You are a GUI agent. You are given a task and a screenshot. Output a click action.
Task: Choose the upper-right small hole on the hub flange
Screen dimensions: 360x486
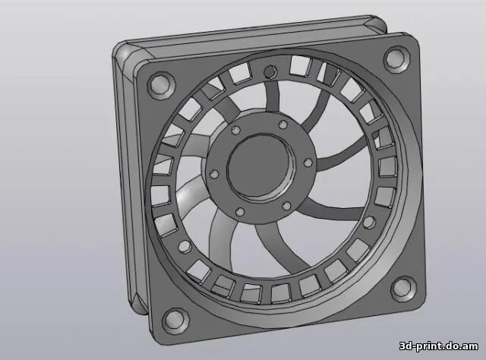coord(282,124)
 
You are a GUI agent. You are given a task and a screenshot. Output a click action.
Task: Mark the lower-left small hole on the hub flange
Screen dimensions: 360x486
coord(238,212)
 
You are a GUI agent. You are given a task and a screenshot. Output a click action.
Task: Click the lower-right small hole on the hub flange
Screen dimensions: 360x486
coord(286,204)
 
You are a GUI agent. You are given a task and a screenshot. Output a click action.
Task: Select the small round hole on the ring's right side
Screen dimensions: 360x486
coord(369,222)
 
